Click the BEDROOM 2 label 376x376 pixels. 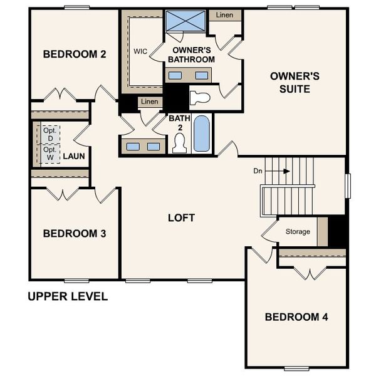click(74, 55)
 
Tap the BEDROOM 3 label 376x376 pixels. click(74, 234)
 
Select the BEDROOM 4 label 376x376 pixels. click(296, 317)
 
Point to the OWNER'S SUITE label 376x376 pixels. click(295, 83)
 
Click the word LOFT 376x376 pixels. click(182, 218)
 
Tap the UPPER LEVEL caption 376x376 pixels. click(68, 296)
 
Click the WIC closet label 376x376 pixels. click(140, 51)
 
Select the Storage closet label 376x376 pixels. click(298, 232)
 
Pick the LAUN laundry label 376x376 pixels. click(74, 155)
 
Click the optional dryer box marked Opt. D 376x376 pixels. click(51, 134)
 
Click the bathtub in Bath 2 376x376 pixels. click(201, 133)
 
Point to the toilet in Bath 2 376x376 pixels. click(180, 144)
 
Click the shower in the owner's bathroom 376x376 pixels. click(186, 21)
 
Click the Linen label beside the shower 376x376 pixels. click(225, 14)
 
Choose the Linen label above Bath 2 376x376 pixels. click(149, 102)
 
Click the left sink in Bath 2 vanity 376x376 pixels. click(133, 147)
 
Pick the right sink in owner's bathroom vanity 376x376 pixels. click(202, 75)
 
